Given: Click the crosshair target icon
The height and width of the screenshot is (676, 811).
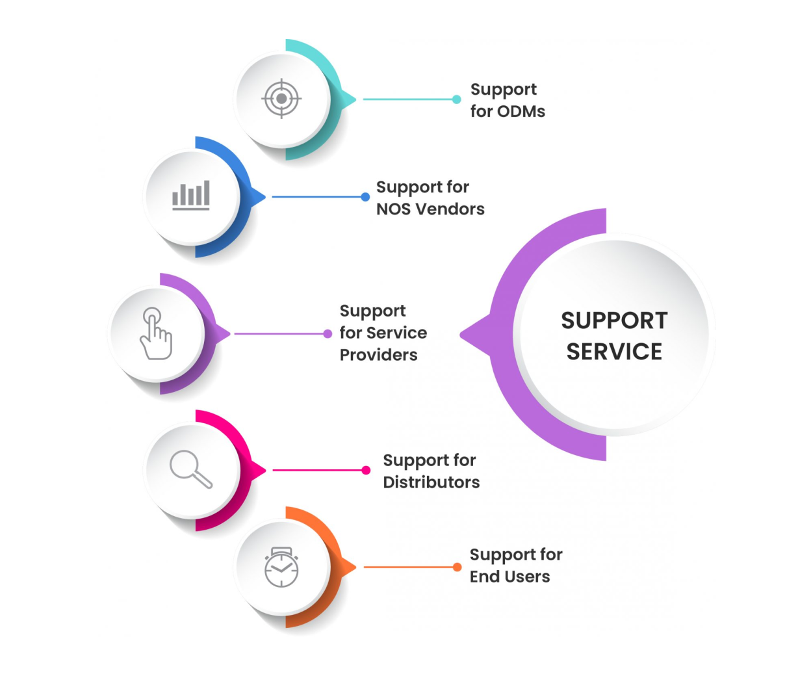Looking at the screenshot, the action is point(281,99).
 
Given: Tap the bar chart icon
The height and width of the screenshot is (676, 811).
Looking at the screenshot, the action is point(191,195).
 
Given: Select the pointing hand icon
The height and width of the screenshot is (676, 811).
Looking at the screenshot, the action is point(156,333).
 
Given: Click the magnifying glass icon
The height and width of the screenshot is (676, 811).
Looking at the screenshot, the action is point(191,469).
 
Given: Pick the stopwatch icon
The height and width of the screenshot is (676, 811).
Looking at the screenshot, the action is point(281,567).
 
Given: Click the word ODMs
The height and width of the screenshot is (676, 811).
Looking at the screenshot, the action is point(521,112).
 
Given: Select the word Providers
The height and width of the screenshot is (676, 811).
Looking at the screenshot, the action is point(379,355).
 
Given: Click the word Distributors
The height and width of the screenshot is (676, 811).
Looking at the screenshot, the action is point(431,482).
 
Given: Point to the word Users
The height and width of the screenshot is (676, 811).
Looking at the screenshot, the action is point(528,577).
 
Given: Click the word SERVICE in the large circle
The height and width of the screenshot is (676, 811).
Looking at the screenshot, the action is point(615,352).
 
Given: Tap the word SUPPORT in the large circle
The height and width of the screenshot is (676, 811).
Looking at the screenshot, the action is point(615,320).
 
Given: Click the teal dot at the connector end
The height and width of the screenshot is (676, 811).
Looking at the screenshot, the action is point(457,99).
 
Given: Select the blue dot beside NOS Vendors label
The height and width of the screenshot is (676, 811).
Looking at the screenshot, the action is point(365,197).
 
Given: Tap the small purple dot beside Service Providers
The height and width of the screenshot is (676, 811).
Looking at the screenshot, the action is point(328,333).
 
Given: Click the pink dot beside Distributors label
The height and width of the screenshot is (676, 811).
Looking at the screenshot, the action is point(366,471).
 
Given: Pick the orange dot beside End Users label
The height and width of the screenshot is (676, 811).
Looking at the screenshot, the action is point(457,567).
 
